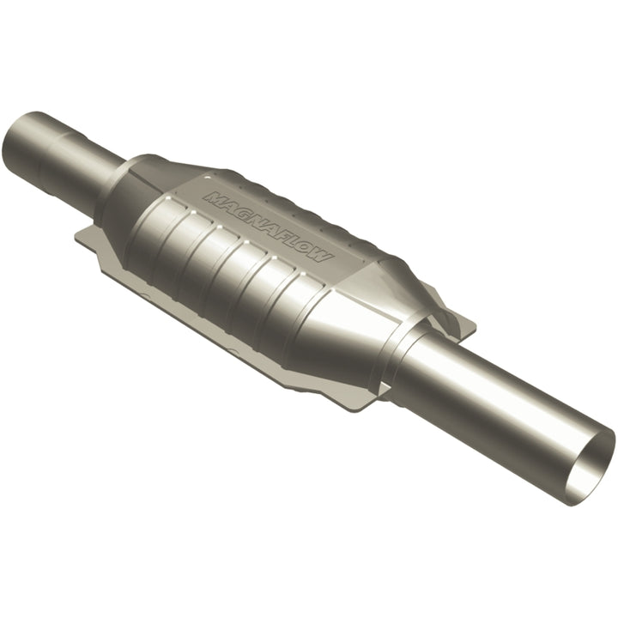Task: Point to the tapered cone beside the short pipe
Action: (129, 189)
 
